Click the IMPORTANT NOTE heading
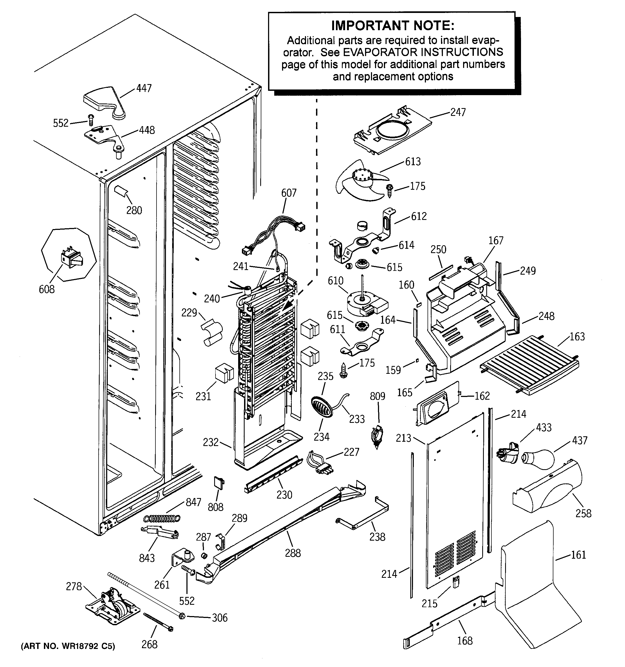coord(393,26)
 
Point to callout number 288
coord(293,553)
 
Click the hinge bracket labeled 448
coord(104,137)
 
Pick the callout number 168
coord(465,641)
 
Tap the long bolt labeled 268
coord(158,621)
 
